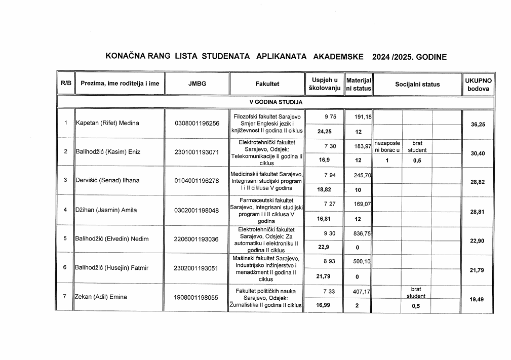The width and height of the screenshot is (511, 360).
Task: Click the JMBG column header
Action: pos(197,84)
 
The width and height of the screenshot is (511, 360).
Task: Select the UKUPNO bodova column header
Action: pos(478,85)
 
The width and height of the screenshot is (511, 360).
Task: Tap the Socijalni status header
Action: pos(417,85)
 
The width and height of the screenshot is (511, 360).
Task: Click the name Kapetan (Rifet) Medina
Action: pos(107,123)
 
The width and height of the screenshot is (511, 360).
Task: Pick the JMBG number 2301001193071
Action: pos(197,152)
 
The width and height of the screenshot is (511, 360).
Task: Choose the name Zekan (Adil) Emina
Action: pos(101,297)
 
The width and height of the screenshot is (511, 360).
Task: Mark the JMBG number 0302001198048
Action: pos(197,210)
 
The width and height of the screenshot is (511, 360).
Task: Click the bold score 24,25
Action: pos(324,132)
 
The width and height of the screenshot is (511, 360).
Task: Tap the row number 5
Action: pos(65,238)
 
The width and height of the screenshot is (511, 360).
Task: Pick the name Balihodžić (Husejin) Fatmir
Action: pos(110,268)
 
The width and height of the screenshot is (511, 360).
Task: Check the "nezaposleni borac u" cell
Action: pos(387,146)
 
